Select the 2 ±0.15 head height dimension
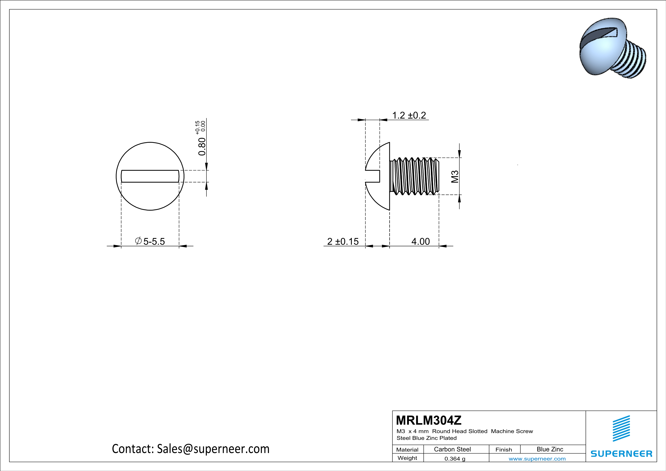pos(343,241)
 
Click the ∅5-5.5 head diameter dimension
pos(150,241)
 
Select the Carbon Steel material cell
pos(452,449)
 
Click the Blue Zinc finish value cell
pos(550,449)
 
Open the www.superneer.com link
pos(537,458)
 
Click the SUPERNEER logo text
pos(621,454)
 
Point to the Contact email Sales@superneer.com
pos(191,449)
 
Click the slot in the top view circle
pos(150,176)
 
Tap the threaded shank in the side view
pos(415,176)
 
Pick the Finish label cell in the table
pos(504,450)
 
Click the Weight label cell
pos(407,458)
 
